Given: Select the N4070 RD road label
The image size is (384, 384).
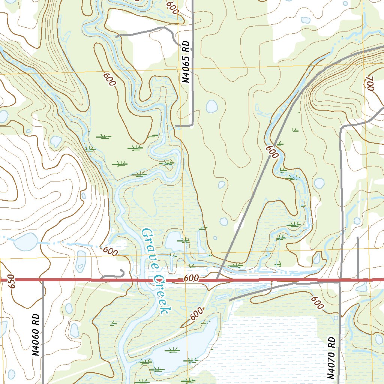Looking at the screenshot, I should point(331,358).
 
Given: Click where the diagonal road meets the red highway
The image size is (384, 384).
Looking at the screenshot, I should point(217,280).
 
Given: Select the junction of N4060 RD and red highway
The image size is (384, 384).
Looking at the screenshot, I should point(43,280).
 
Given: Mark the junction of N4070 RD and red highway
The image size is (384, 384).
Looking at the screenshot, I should point(340,280).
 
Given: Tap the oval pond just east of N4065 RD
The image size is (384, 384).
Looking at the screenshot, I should point(212,106).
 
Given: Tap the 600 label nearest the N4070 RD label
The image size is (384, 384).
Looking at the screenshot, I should point(317,303).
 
